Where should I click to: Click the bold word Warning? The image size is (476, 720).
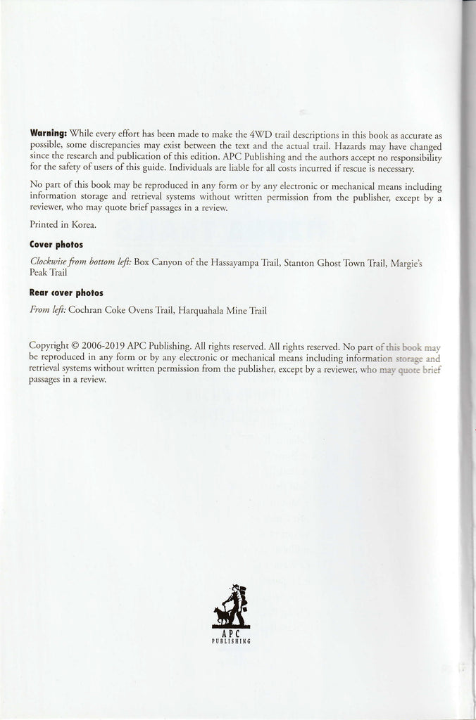[48, 133]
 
